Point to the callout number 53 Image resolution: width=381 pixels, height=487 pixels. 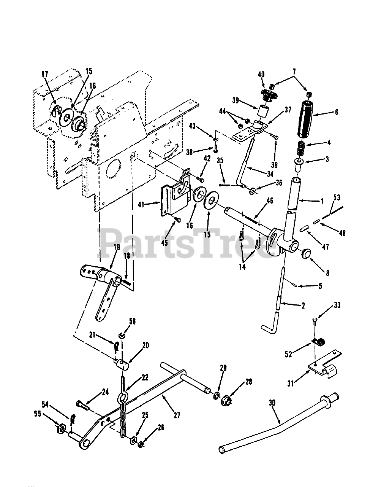tap(337, 197)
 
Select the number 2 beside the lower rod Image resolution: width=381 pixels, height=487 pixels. tap(303, 305)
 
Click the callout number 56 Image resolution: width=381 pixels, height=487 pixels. tap(121, 321)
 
